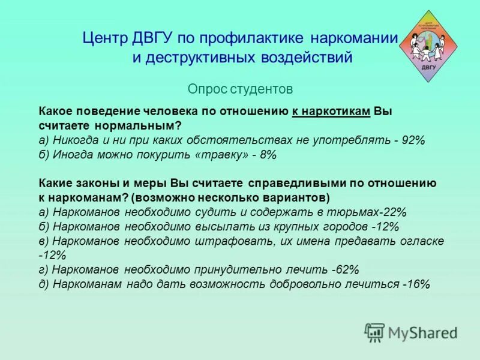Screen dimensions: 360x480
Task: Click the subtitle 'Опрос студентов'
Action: click(x=240, y=89)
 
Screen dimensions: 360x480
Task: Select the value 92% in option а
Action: click(x=414, y=140)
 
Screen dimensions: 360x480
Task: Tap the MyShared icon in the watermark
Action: click(x=374, y=332)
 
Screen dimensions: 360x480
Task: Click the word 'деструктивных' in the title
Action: click(x=207, y=58)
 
